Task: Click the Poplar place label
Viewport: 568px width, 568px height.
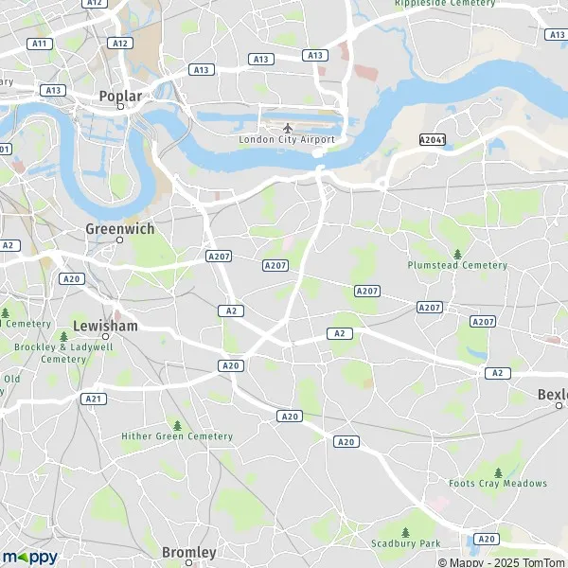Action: (x=120, y=96)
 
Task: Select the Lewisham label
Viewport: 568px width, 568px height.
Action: (x=104, y=325)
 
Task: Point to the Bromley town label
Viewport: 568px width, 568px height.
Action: (x=188, y=552)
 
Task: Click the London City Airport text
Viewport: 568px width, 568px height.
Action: (x=287, y=139)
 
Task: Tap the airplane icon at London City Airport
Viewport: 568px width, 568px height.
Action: (x=287, y=126)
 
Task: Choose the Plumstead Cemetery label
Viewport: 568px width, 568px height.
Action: (x=457, y=265)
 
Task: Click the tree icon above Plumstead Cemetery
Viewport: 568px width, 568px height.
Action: (x=457, y=253)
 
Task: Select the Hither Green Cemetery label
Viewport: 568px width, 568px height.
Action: (x=177, y=436)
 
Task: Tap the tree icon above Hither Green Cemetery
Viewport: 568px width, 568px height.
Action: (x=177, y=424)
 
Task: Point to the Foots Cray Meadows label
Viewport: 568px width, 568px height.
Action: (x=498, y=484)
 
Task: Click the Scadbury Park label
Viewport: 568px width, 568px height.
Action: (x=406, y=544)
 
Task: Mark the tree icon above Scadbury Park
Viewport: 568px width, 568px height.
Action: (x=406, y=532)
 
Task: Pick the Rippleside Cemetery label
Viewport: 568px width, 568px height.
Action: (x=445, y=3)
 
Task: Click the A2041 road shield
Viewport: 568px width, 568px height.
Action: (x=432, y=139)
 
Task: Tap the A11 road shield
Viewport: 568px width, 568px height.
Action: (x=39, y=44)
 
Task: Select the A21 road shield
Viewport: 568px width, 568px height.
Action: (x=93, y=399)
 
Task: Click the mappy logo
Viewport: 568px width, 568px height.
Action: (x=29, y=557)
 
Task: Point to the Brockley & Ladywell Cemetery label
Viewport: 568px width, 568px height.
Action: (x=50, y=352)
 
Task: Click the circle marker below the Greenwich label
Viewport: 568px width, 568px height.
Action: (x=119, y=240)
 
